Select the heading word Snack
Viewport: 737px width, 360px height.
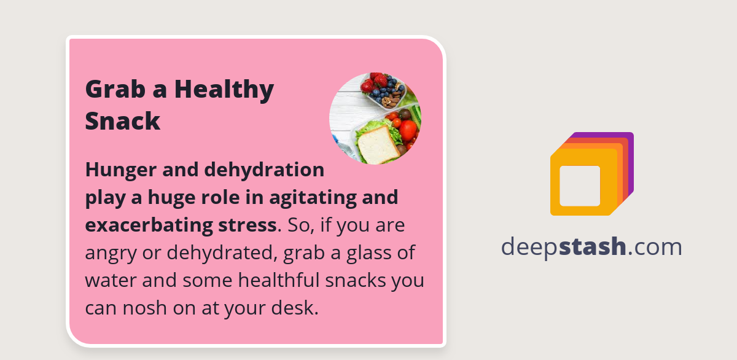click(x=123, y=121)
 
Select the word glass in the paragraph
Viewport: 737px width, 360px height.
click(x=358, y=252)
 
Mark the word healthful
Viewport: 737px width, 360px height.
click(x=279, y=280)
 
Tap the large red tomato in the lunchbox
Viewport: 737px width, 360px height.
click(x=408, y=130)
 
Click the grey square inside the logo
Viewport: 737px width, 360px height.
click(x=580, y=186)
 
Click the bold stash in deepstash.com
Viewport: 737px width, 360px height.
click(x=593, y=246)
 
